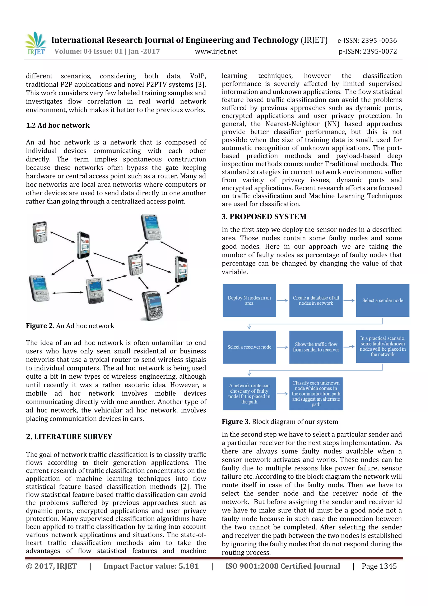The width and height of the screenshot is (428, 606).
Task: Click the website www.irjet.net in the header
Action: pos(216,51)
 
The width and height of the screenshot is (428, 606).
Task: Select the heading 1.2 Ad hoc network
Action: pos(58,125)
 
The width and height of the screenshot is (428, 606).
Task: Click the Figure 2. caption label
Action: pos(40,326)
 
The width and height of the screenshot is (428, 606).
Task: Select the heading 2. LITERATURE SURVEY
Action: pos(69,437)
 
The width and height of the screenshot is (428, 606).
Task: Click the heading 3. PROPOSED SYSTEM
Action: pos(264,217)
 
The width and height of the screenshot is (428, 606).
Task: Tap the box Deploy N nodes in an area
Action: pos(249,300)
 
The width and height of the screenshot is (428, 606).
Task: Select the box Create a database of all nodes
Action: pos(316,300)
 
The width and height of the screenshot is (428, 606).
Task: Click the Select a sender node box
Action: pos(382,300)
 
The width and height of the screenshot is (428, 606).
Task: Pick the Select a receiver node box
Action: pos(249,347)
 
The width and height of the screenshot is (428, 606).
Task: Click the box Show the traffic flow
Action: pos(316,347)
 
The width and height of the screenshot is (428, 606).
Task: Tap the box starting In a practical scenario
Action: pos(382,346)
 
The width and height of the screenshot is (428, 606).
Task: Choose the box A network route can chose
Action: pos(249,393)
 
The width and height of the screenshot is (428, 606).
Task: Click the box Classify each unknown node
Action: pos(316,393)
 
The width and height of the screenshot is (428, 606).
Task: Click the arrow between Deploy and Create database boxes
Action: pos(282,301)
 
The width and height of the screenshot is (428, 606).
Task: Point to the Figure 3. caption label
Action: pos(236,422)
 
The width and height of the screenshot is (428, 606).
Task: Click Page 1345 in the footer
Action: pos(379,566)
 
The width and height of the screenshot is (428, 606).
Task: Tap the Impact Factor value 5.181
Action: pos(151,566)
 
